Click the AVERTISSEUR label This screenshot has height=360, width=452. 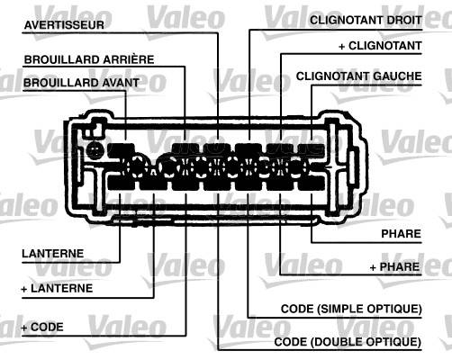click(x=64, y=25)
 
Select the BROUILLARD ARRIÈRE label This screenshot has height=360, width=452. click(x=89, y=59)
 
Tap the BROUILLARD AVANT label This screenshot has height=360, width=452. click(x=81, y=83)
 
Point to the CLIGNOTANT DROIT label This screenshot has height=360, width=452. click(x=366, y=20)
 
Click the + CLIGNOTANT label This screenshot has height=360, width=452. click(x=380, y=46)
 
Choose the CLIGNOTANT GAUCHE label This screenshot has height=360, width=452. click(x=359, y=76)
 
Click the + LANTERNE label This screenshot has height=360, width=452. click(x=57, y=289)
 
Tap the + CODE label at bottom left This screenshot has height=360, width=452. click(x=42, y=327)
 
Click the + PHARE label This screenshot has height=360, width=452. click(x=394, y=266)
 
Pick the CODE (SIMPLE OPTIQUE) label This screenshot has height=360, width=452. click(x=351, y=309)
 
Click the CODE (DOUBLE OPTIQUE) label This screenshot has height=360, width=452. click(x=348, y=342)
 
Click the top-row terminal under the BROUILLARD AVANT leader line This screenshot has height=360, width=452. click(x=121, y=150)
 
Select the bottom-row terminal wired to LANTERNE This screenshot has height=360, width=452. click(x=121, y=183)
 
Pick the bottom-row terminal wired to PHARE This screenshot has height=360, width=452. click(x=312, y=183)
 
